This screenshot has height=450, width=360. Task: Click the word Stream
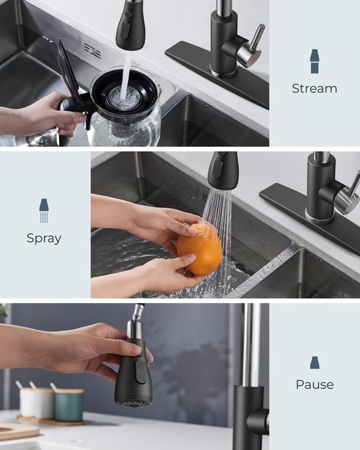pos(314,89)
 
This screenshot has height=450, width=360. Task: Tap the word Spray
pos(44,238)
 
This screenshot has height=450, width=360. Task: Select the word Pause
pos(315,384)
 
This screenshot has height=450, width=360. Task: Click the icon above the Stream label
pos(314,61)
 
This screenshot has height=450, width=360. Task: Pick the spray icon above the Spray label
pos(44,210)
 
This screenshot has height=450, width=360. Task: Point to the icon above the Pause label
pos(315,362)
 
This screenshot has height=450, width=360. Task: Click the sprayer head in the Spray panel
pos(222,171)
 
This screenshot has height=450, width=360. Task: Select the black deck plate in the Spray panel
pos(310,220)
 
